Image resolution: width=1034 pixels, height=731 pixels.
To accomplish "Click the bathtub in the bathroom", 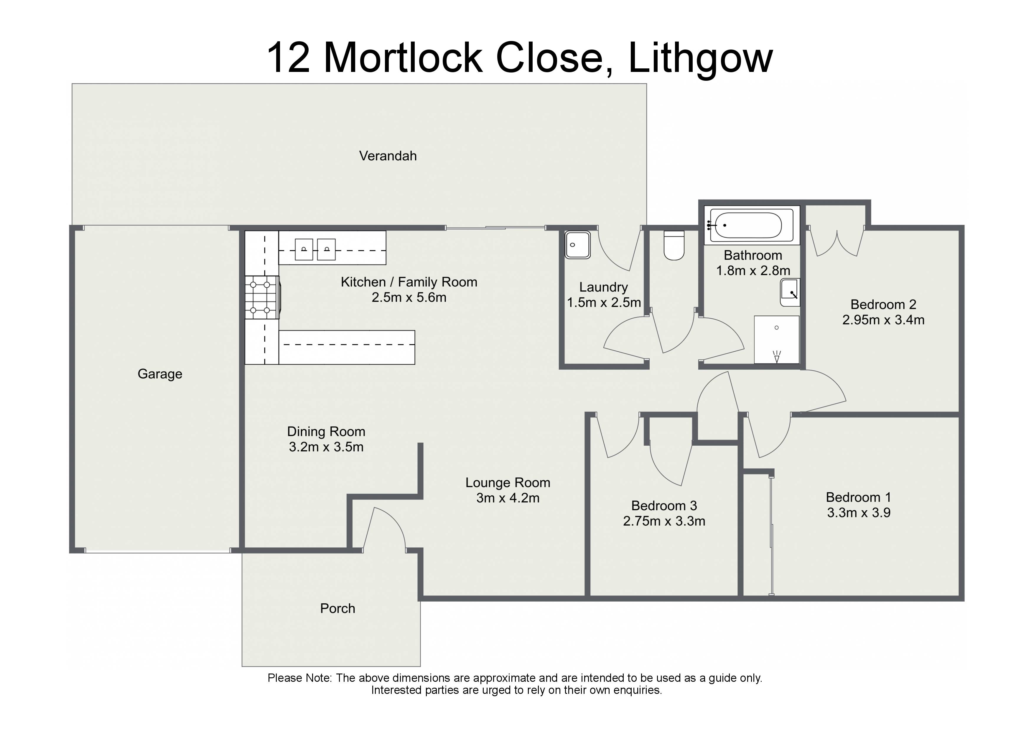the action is click(x=751, y=225).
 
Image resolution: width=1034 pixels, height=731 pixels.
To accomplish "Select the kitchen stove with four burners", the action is click(x=262, y=298).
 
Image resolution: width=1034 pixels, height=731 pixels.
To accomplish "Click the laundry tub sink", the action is click(x=577, y=245).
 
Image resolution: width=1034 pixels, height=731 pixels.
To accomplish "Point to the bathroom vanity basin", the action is click(x=790, y=293).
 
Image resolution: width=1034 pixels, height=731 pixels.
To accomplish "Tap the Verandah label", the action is click(x=388, y=156).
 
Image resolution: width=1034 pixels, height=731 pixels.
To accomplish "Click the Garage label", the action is click(x=160, y=374).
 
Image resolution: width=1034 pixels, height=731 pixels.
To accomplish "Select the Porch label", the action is click(x=338, y=608).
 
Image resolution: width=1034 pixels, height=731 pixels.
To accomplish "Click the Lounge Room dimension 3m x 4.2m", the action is click(x=508, y=498).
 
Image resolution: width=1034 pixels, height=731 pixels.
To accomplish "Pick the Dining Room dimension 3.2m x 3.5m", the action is click(x=326, y=447).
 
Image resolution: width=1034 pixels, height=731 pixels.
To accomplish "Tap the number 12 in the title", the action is click(x=288, y=58).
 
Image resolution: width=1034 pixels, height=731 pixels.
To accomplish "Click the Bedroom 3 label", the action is click(x=664, y=506).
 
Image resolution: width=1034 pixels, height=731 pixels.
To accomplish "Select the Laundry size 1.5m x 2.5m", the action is click(x=603, y=303).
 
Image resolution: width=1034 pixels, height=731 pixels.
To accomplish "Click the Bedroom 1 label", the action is click(x=858, y=497).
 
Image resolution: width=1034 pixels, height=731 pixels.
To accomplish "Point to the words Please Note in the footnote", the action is click(x=299, y=678).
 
